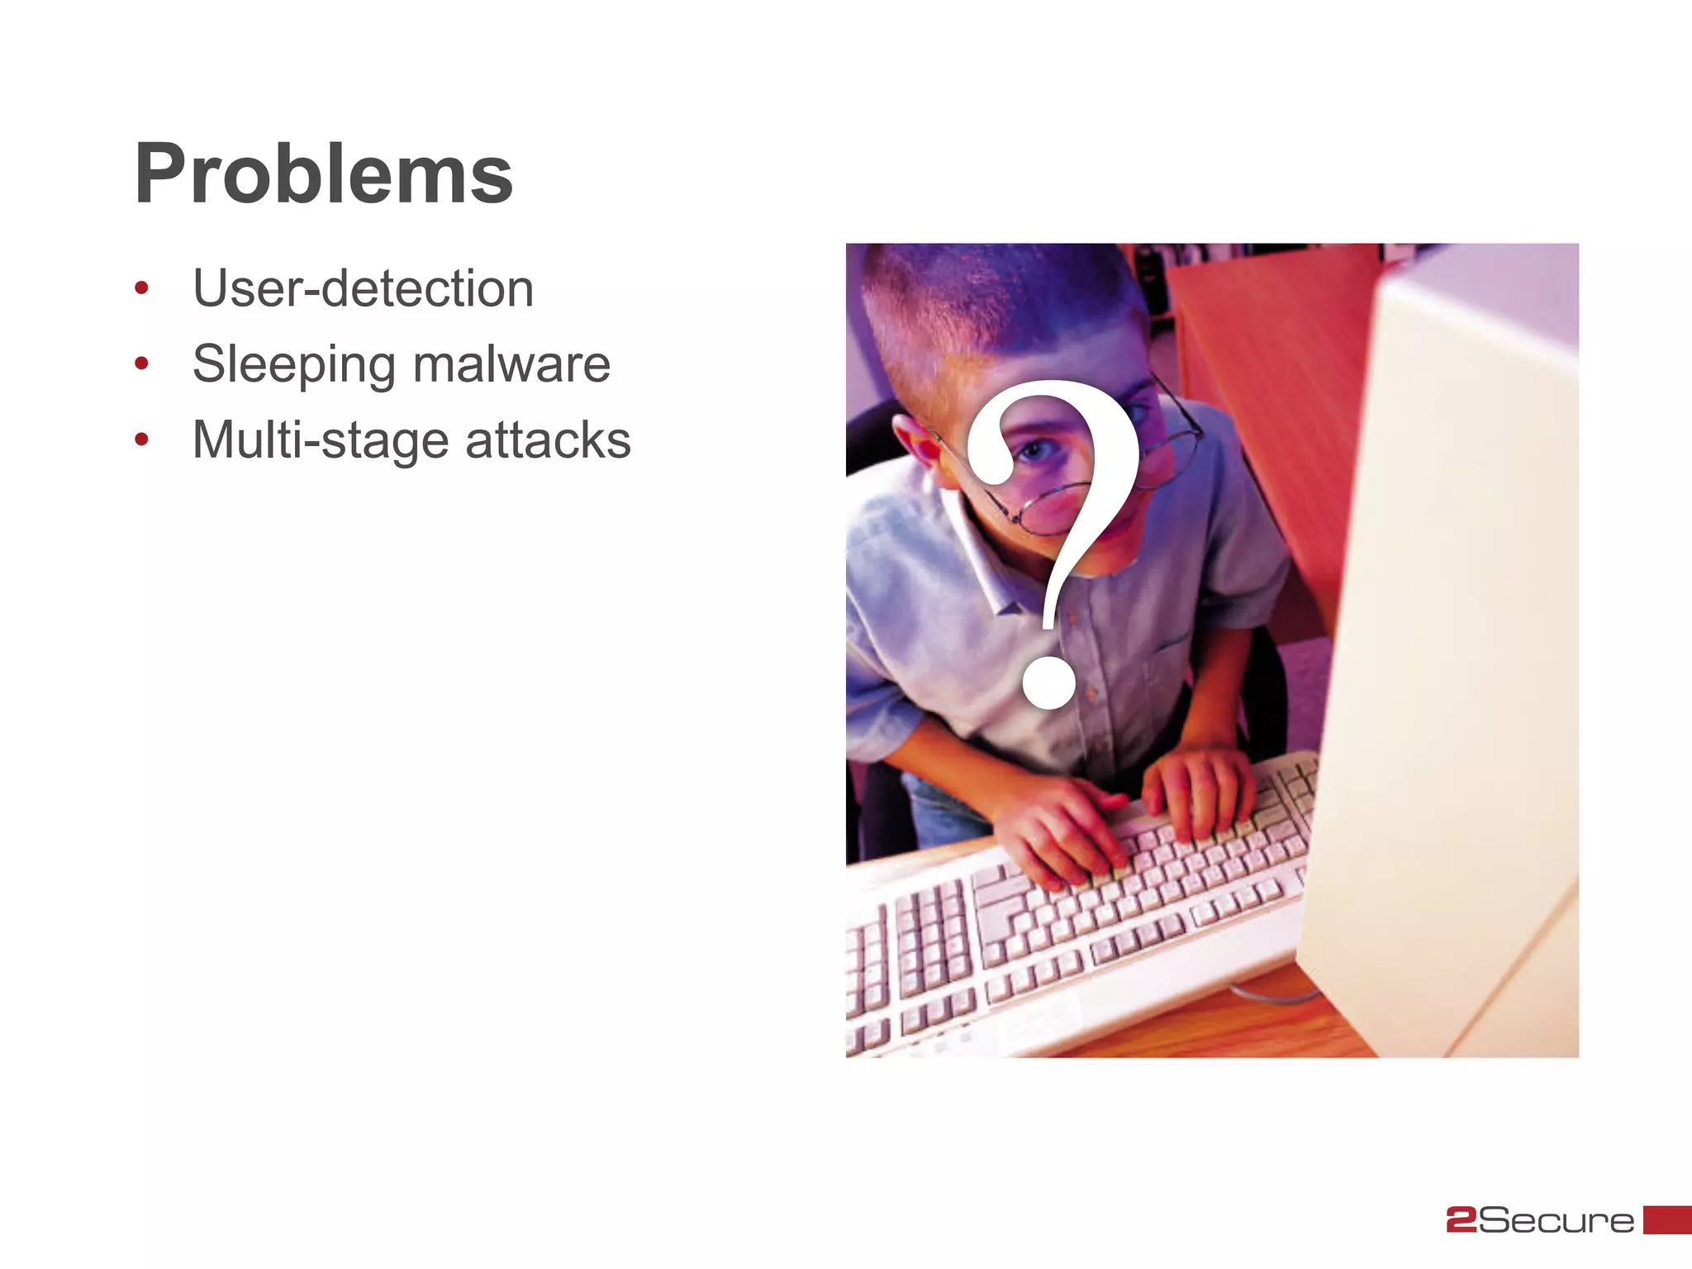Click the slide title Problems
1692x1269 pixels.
point(324,173)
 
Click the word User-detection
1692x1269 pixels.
point(363,288)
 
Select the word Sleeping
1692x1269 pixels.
point(293,364)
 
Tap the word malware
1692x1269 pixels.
point(511,364)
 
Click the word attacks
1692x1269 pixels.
point(548,440)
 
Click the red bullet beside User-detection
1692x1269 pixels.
point(141,288)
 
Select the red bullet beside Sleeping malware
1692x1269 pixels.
point(141,364)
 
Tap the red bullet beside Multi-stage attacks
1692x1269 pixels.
point(141,440)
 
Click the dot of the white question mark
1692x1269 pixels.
point(1048,682)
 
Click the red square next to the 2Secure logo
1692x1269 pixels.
point(1666,1219)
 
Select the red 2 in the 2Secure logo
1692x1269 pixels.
point(1461,1220)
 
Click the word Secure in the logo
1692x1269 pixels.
point(1556,1220)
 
